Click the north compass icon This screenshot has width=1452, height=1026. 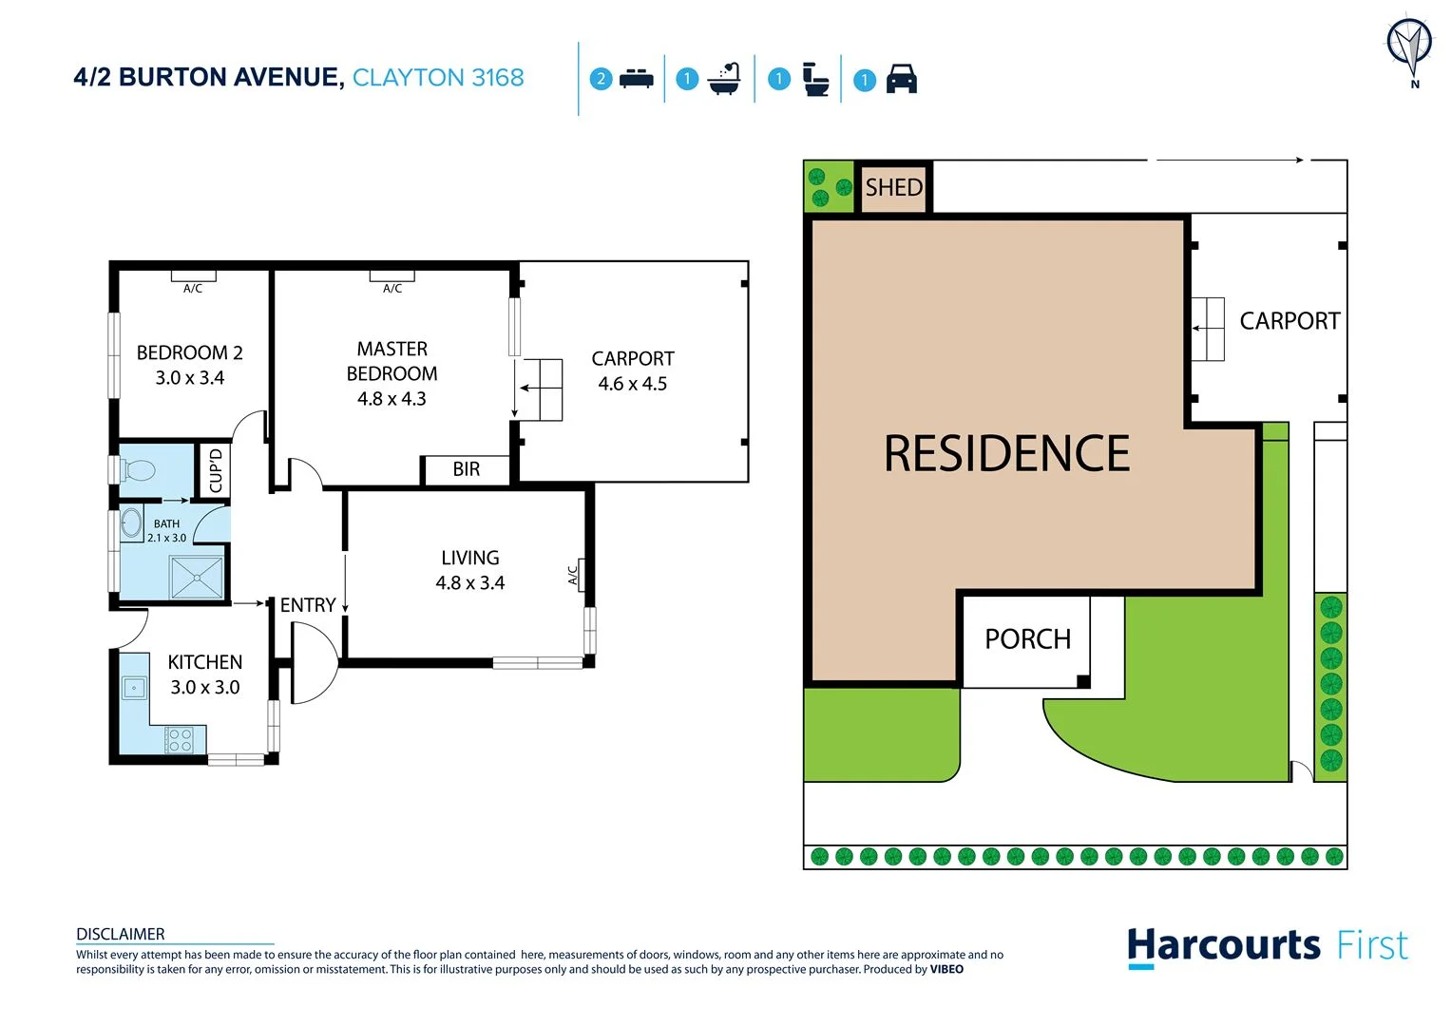click(x=1408, y=47)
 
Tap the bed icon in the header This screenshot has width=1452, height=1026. click(x=636, y=79)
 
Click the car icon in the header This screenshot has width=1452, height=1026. click(x=901, y=79)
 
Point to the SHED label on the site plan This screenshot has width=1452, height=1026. click(x=893, y=187)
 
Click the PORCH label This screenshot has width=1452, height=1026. click(x=1027, y=639)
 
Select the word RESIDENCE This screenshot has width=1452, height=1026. click(x=1006, y=453)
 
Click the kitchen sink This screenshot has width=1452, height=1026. click(x=134, y=687)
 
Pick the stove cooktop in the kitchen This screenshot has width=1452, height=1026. click(x=179, y=739)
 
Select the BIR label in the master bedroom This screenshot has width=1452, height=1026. click(x=466, y=469)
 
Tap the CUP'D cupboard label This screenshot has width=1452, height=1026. click(x=216, y=470)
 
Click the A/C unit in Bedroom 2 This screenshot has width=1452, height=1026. click(x=193, y=276)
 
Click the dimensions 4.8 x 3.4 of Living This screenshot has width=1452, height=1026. click(x=469, y=583)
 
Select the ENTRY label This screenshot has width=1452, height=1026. click(x=307, y=605)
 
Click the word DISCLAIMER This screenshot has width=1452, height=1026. click(x=121, y=934)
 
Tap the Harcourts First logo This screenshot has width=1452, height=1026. click(x=1267, y=947)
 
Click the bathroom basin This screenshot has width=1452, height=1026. click(x=131, y=523)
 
